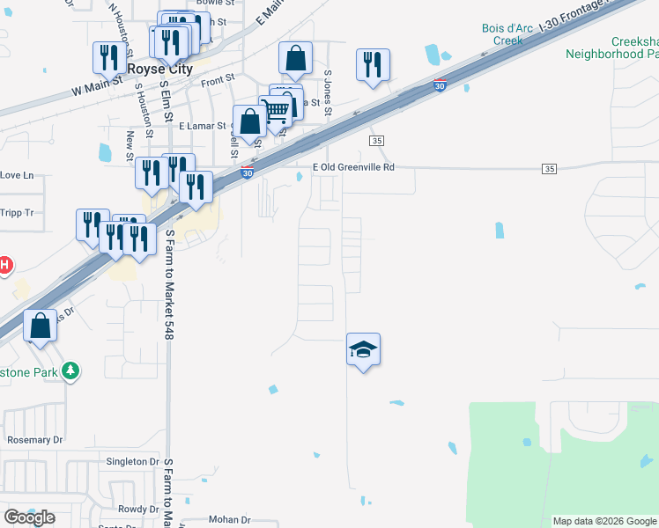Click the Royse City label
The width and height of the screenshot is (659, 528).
click(x=159, y=69)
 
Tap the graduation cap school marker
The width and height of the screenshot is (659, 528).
click(x=363, y=349)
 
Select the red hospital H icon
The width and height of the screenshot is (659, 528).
click(x=4, y=264)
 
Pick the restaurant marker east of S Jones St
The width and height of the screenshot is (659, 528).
click(x=373, y=65)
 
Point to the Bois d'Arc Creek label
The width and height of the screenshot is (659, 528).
click(x=507, y=34)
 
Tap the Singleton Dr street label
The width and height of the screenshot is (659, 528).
click(x=131, y=461)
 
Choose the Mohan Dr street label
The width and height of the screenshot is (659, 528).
click(x=230, y=519)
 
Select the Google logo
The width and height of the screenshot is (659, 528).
click(x=30, y=517)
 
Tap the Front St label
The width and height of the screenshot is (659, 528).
click(x=218, y=79)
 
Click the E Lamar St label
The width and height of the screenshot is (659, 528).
click(x=202, y=126)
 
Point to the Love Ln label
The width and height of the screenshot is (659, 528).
click(x=16, y=175)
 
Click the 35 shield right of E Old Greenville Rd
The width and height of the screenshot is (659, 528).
click(x=550, y=168)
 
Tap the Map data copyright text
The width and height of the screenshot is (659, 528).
click(x=603, y=521)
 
